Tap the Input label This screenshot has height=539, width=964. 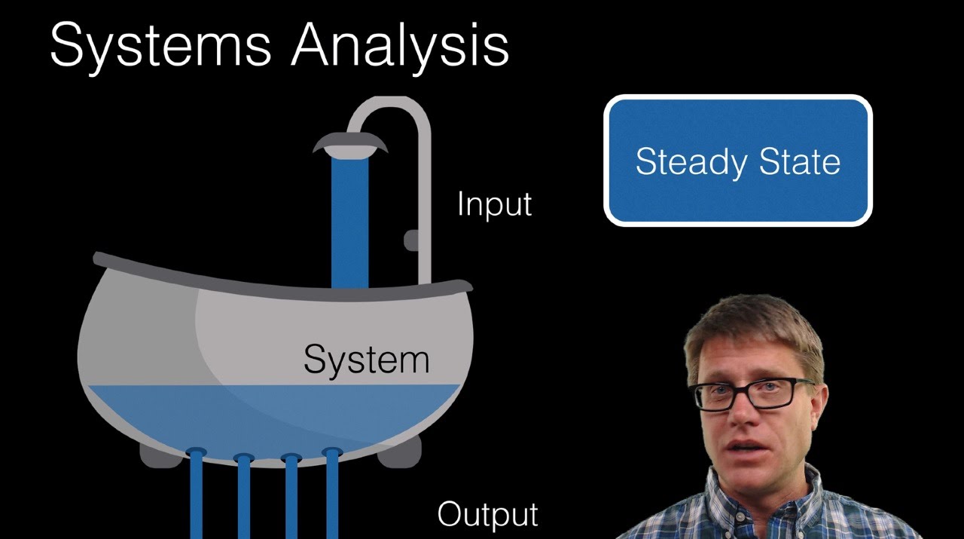(x=494, y=204)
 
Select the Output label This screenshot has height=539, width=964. (x=487, y=514)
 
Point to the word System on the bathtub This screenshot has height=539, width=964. (x=366, y=360)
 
